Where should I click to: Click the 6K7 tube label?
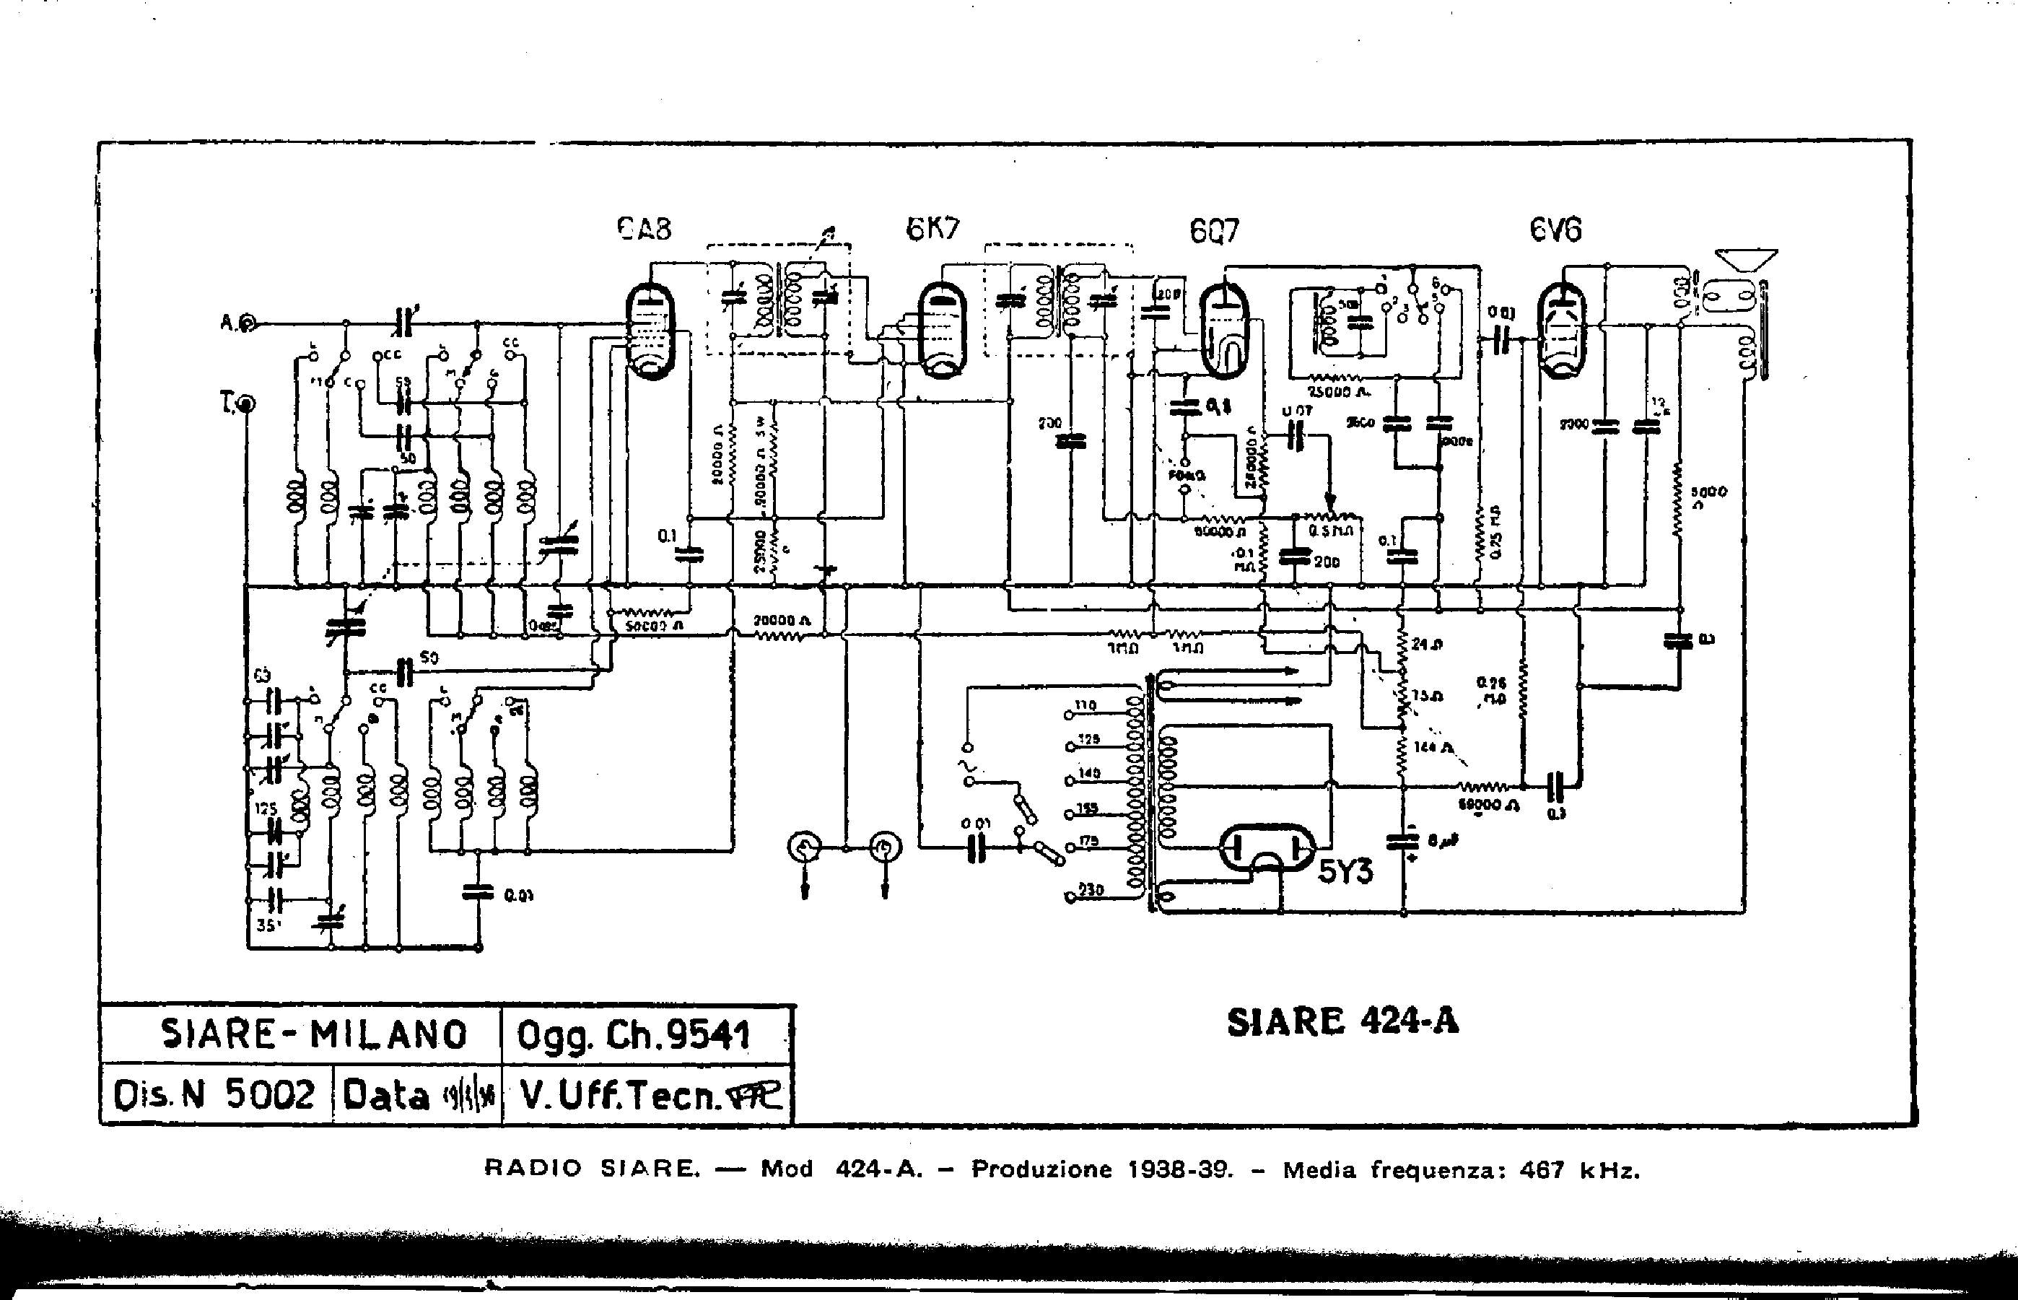point(932,229)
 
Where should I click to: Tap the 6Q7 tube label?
point(1214,230)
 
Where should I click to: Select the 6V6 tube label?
point(1555,230)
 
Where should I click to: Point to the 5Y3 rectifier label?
point(1345,871)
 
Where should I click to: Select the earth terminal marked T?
point(246,404)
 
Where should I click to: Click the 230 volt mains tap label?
point(1091,889)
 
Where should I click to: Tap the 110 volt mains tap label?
point(1086,705)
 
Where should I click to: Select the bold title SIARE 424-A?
point(1342,1022)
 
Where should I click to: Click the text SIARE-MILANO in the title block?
point(313,1034)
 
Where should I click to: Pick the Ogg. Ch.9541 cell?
point(633,1035)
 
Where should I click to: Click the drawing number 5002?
point(269,1095)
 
